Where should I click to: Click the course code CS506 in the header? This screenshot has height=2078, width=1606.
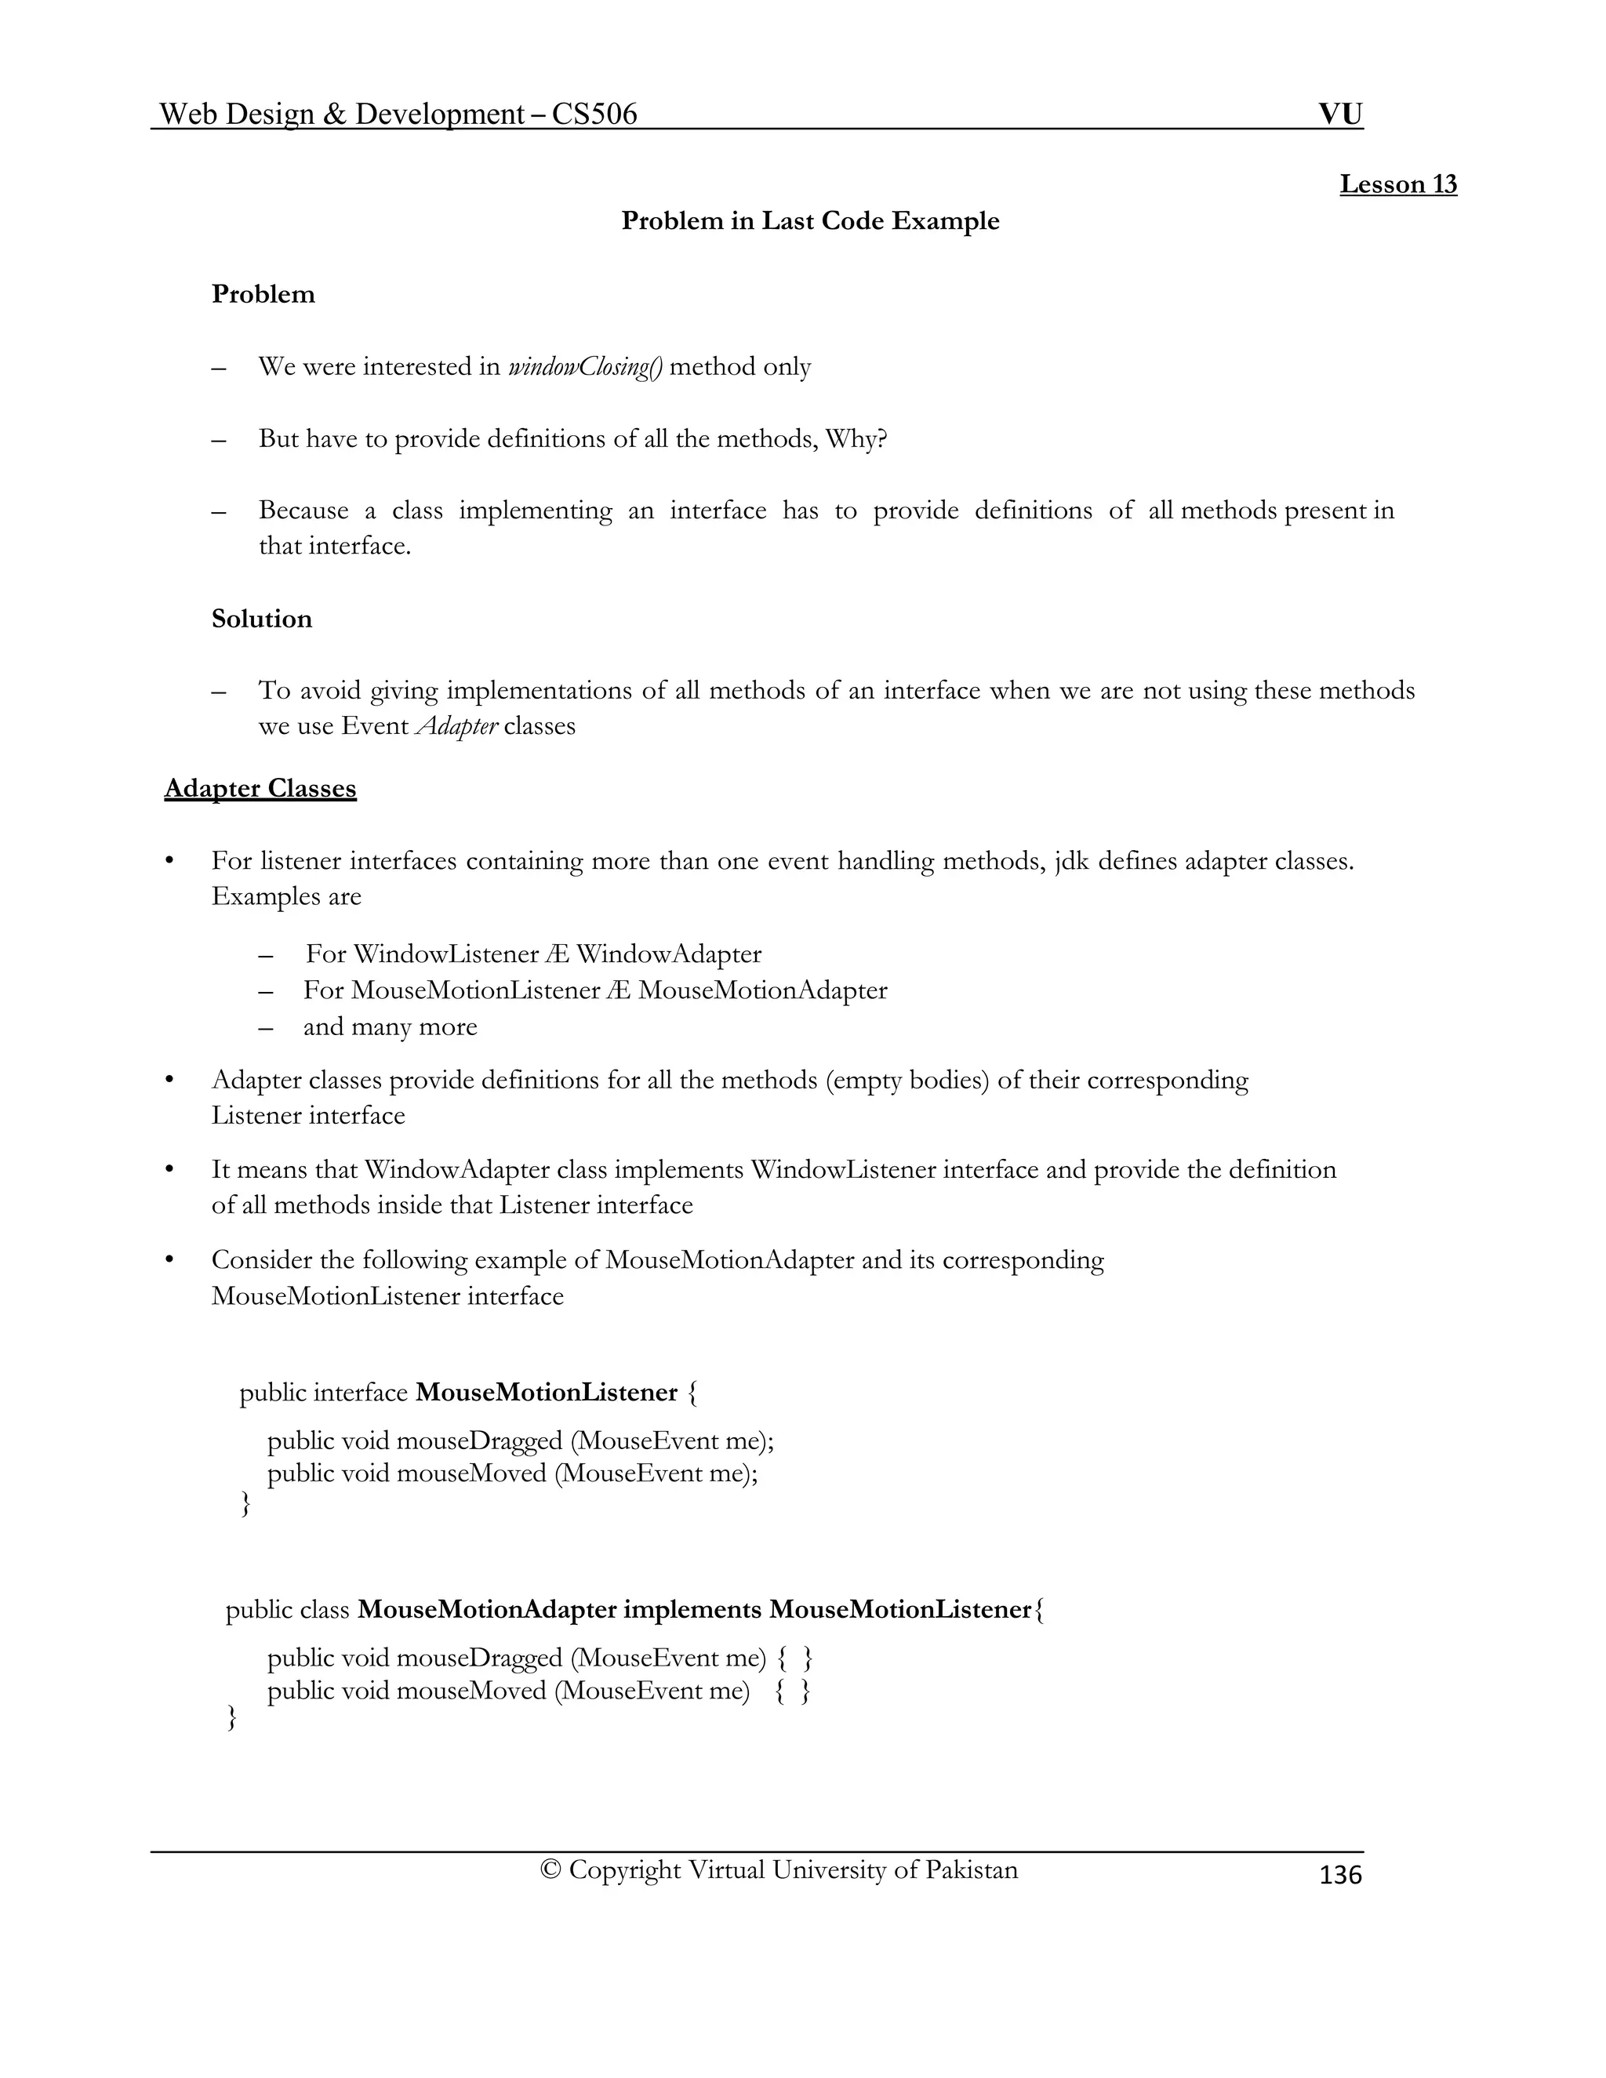(x=594, y=115)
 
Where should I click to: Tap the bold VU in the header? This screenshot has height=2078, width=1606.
(x=1339, y=115)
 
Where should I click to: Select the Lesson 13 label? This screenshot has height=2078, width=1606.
(x=1397, y=184)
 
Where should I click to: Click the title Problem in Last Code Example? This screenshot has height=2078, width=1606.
(x=809, y=221)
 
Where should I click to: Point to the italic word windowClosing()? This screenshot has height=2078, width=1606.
(x=585, y=367)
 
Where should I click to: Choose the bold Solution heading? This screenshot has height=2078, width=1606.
(x=262, y=619)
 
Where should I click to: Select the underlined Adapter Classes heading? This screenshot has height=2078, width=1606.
(x=260, y=789)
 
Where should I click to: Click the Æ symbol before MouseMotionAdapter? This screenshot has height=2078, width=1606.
(x=616, y=990)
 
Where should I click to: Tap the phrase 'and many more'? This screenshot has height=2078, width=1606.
(x=390, y=1026)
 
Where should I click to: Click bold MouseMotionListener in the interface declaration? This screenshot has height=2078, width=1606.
(x=547, y=1393)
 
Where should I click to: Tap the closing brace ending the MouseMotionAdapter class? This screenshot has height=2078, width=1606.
(x=231, y=1717)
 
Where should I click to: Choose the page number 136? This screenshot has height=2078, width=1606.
(x=1340, y=1874)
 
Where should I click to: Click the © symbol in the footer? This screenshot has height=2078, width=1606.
(x=550, y=1869)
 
